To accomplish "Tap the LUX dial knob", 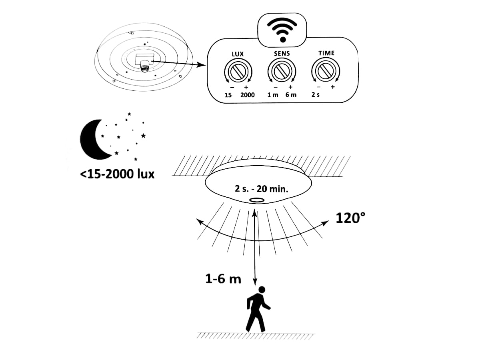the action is coord(238,72).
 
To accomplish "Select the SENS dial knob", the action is coord(282,72).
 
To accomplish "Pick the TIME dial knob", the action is coord(325,71).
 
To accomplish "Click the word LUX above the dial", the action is coord(238,54).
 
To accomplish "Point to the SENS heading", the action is coord(282,54).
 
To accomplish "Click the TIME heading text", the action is coord(326,53).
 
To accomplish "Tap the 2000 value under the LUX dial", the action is coord(248,95).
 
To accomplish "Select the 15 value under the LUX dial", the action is coord(228,95).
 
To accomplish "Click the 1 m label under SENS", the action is coord(273,95).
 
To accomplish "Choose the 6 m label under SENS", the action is coord(291,95).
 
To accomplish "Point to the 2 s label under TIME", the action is coord(316,95).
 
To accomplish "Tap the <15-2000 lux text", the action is coord(118,174).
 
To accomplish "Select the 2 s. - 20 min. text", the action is coord(262,189).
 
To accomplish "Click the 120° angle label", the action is coord(350,218).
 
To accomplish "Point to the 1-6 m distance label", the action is coord(223,279).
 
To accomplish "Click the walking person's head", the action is coord(262,290).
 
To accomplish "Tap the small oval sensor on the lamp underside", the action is coord(256,200).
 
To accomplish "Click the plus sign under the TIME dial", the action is coord(333,87).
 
